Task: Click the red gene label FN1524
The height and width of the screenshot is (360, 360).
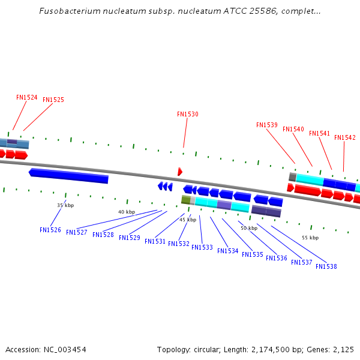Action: pos(27,97)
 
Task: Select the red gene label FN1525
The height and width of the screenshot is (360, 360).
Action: pos(53,100)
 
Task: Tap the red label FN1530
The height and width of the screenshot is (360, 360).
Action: pos(188,114)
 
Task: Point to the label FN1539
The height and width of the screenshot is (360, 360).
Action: pos(267,125)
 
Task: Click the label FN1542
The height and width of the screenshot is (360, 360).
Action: pos(345,137)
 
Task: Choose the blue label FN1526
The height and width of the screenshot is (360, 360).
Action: pos(50,230)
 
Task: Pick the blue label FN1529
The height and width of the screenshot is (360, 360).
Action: pos(130,238)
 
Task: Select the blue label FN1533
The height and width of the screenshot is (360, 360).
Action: pos(202,247)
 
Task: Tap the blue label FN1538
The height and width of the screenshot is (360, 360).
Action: pos(326,266)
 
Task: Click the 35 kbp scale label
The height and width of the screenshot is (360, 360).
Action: pos(65,205)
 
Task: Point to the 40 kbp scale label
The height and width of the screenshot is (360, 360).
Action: pos(127,212)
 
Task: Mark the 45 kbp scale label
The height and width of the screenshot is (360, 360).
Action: pos(188,220)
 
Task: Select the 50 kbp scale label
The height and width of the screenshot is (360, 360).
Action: pos(249,228)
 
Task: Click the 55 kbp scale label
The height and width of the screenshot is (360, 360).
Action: pos(310,238)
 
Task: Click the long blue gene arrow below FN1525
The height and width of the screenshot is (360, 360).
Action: pos(69,175)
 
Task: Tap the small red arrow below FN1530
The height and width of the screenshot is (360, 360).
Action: pos(180,172)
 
